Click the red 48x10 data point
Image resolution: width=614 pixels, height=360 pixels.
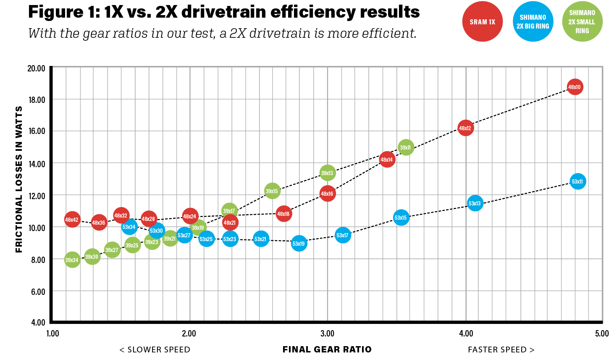point(574,87)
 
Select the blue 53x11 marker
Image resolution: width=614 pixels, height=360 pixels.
point(577,181)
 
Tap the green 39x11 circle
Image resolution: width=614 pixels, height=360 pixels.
point(405,147)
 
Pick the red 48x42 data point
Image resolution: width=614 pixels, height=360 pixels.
point(72,219)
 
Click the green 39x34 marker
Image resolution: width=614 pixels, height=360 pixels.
point(72,260)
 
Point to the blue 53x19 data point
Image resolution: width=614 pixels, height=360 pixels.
point(299,244)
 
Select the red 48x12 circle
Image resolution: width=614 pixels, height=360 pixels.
point(465,128)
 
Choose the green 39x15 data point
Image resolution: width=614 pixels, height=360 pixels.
point(272,191)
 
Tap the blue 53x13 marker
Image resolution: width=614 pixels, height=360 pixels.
point(475,203)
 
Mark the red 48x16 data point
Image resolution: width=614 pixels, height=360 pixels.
point(327,194)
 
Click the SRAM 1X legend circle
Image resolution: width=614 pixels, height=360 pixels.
point(482,22)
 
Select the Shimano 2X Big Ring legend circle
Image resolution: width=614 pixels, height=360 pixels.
point(533,22)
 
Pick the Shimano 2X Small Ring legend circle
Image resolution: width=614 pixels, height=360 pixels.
point(582,22)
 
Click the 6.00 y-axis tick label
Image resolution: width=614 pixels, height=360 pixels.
point(37,292)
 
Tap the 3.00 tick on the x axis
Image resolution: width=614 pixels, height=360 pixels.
point(327,334)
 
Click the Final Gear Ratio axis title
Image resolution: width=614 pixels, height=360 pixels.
point(327,349)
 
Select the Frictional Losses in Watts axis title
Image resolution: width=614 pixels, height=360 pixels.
point(19,179)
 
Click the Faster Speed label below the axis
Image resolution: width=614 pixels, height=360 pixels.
point(501,349)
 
